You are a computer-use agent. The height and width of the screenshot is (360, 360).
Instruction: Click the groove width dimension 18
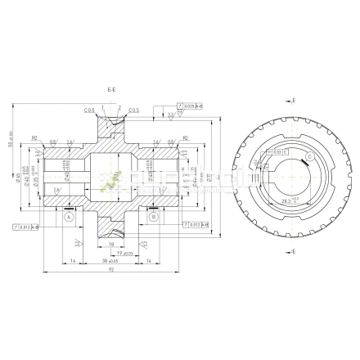point(111,243)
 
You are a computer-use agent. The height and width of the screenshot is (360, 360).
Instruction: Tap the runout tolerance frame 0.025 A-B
point(189,106)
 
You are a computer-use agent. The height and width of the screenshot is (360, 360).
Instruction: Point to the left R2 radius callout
point(35,138)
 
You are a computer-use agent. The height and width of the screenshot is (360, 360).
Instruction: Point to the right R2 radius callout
point(186,138)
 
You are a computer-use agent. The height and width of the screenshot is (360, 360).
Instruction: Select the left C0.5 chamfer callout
point(88,110)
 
